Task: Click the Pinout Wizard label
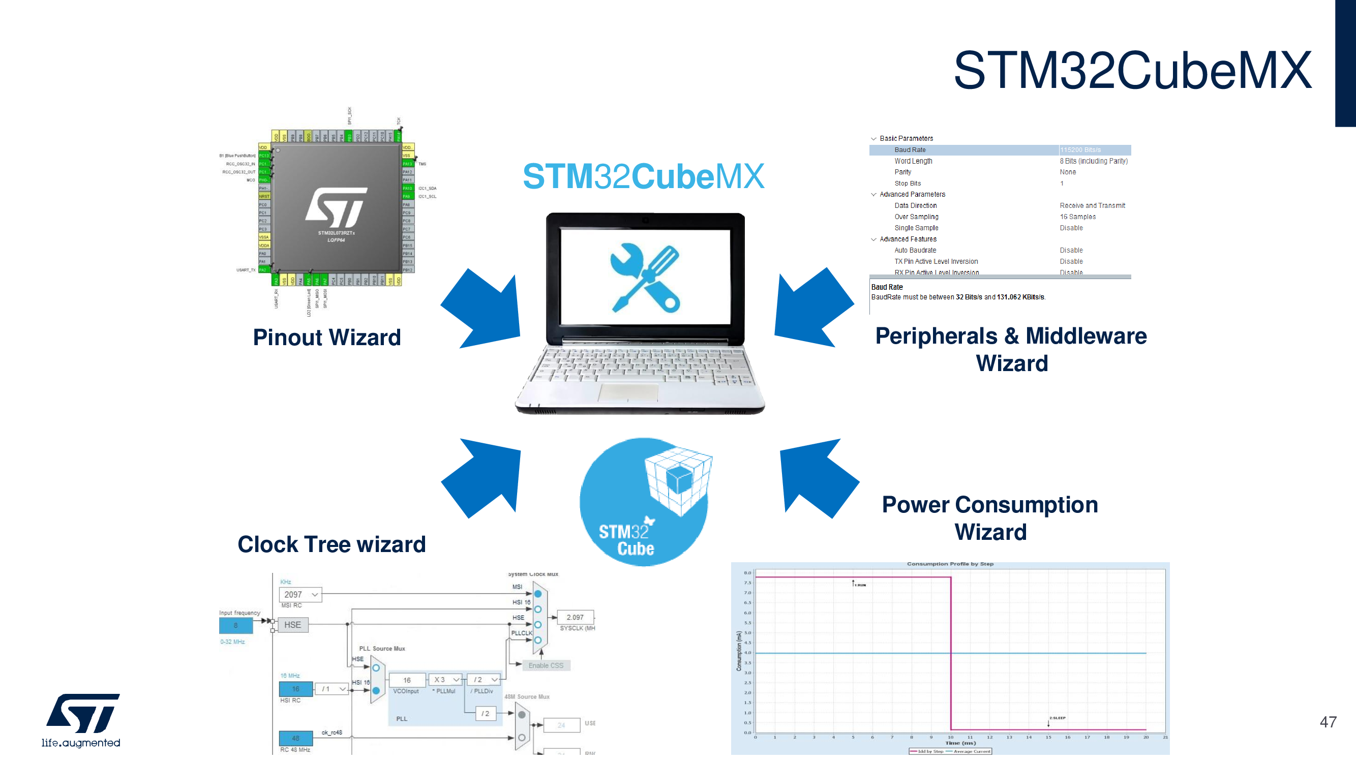coord(327,338)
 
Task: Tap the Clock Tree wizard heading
coord(332,544)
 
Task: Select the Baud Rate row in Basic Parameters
coord(1000,150)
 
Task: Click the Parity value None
coord(1068,172)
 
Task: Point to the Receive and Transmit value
coord(1092,206)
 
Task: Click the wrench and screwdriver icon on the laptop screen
coord(645,278)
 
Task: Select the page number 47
coord(1328,722)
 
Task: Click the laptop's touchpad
coord(628,392)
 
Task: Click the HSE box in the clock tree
coord(293,625)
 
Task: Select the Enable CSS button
coord(546,665)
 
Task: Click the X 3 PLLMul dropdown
coord(445,680)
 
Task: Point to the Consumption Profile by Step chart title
coord(950,564)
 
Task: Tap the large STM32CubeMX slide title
coord(1132,71)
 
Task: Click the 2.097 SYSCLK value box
coord(575,617)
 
